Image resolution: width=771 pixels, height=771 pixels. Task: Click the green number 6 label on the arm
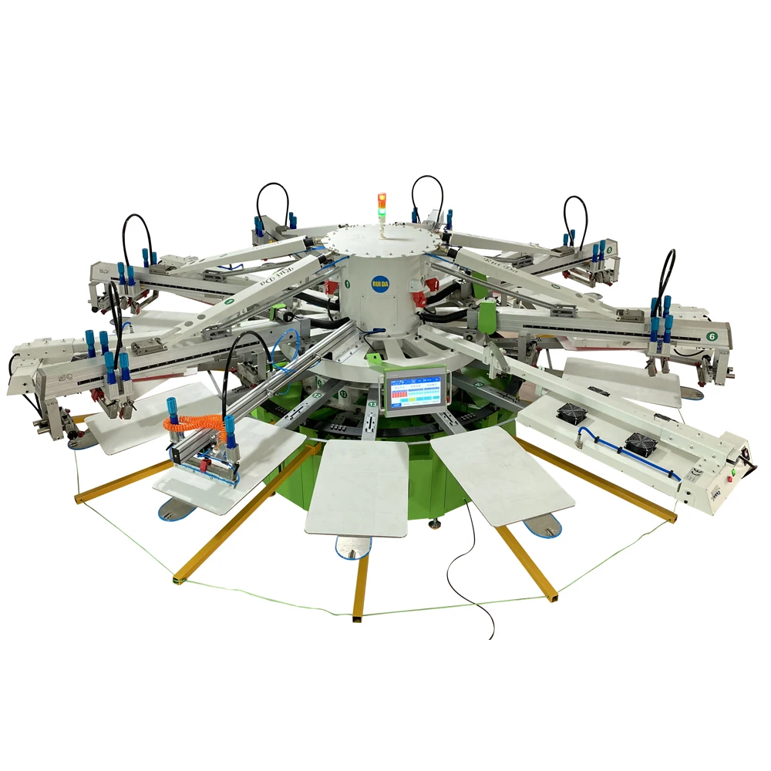pos(712,336)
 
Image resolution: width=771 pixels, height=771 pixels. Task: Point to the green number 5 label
pos(609,250)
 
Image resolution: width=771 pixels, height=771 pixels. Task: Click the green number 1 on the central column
pos(347,284)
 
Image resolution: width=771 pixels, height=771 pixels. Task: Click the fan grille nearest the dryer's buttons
pos(641,445)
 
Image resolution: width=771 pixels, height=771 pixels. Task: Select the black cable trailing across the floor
pos(474,571)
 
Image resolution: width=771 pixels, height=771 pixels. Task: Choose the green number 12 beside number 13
pos(343,394)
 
